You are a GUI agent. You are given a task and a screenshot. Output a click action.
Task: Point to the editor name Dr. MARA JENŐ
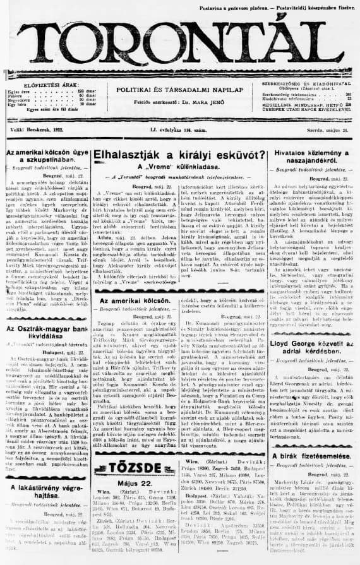click(x=203, y=102)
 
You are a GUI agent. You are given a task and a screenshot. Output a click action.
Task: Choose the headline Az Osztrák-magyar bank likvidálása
click(x=45, y=331)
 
